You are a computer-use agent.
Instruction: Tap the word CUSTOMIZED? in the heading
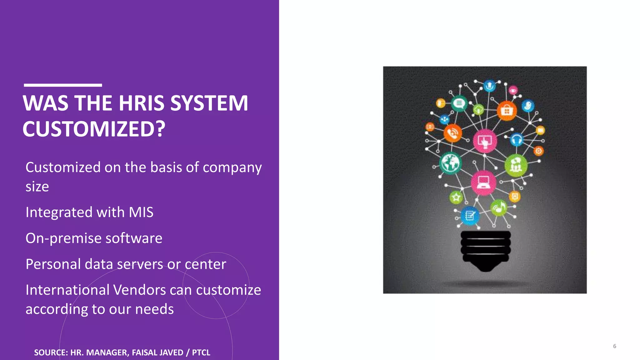coord(94,129)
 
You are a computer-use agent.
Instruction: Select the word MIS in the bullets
coord(141,212)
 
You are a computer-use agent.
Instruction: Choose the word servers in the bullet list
coord(140,264)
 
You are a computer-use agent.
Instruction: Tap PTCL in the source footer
coord(201,352)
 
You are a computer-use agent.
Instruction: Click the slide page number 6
coord(614,346)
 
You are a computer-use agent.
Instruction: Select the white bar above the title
coord(63,85)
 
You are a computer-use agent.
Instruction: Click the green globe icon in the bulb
coord(450,163)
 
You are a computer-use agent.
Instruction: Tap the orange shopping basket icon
coord(507,111)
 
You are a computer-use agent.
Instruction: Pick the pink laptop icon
coord(483,182)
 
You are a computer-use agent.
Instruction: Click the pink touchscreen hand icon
coord(485,141)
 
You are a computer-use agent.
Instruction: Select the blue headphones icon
coord(517,139)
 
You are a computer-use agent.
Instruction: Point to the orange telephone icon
coord(452,133)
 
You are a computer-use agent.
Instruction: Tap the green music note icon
coord(499,207)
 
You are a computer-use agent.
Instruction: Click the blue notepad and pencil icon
coord(470,215)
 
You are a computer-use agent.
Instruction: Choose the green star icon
coord(456,197)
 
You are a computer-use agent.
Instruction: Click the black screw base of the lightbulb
coord(486,250)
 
